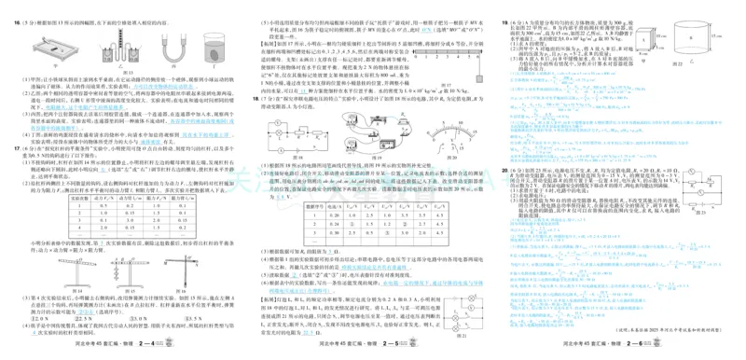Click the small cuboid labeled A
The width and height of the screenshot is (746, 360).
point(649,38)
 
